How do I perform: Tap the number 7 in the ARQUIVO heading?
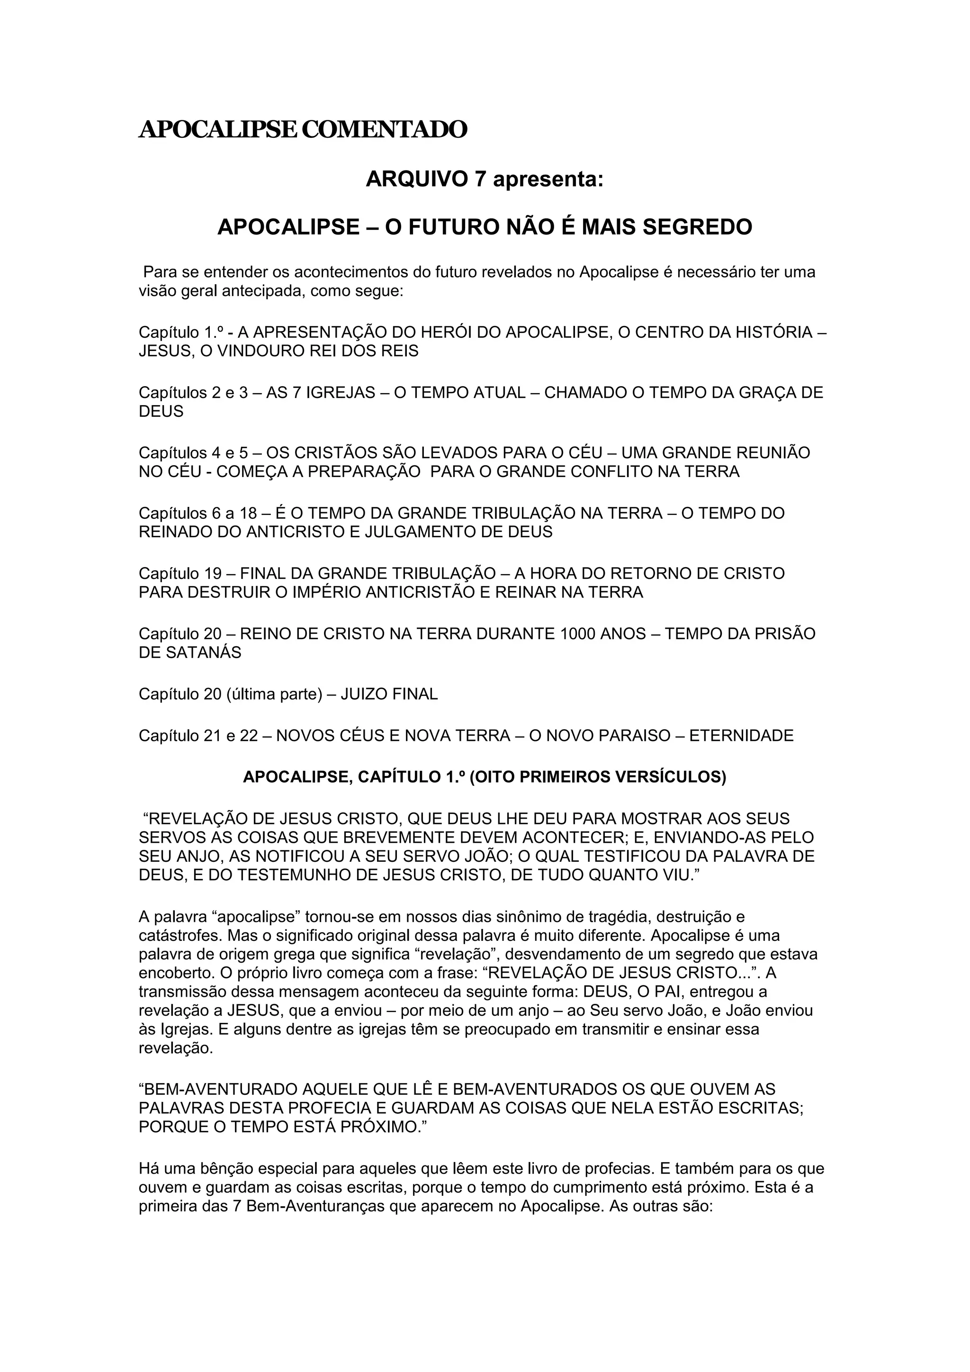click(480, 179)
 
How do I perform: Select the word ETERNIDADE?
click(741, 736)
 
